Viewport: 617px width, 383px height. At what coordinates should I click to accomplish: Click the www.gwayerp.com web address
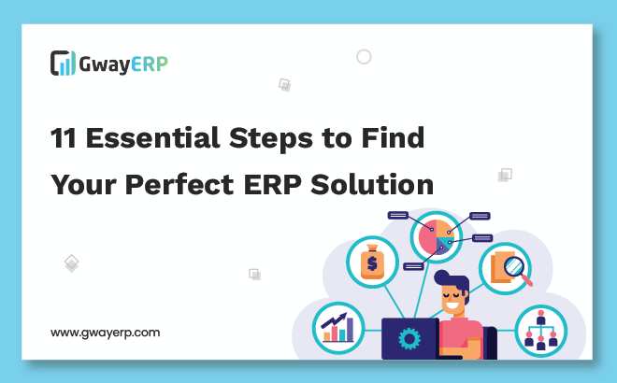point(105,332)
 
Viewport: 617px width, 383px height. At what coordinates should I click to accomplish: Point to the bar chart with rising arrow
point(338,327)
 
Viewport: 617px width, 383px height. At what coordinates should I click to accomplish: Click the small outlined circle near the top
point(364,57)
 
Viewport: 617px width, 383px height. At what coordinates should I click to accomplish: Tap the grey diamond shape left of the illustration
point(71,262)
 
